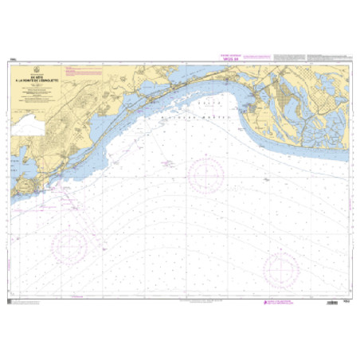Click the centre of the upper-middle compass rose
click(205, 170)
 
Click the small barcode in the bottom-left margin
click(10, 303)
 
